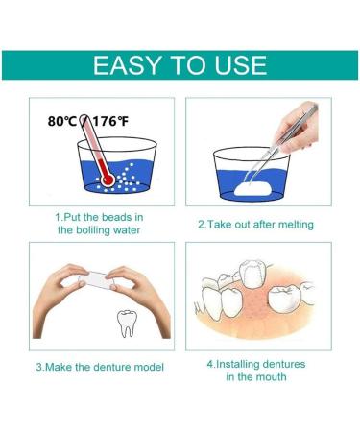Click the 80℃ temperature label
tap(64, 121)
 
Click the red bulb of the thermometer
tap(107, 178)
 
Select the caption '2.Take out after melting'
tap(255, 224)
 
